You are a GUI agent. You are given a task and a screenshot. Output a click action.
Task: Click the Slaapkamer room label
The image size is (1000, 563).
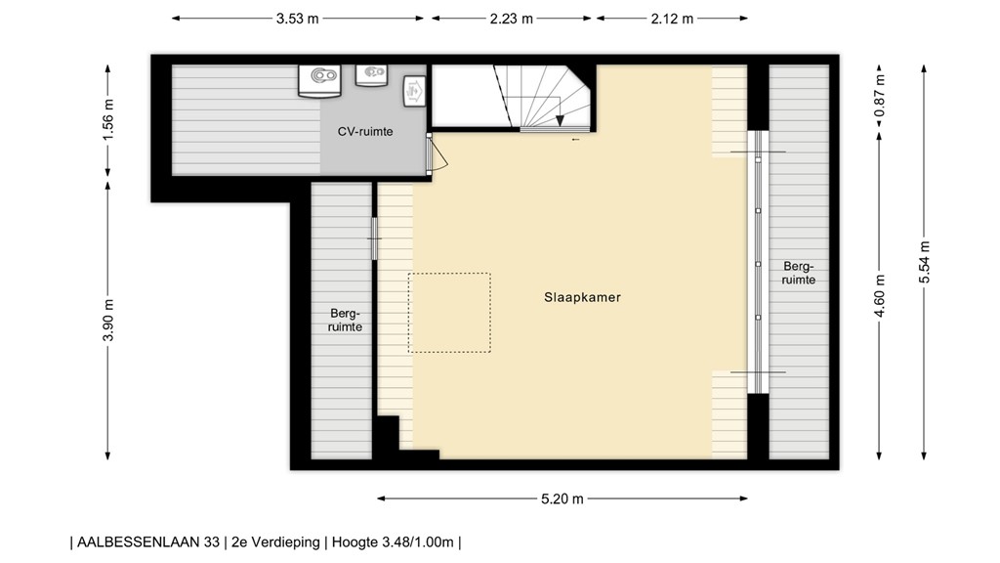point(583,297)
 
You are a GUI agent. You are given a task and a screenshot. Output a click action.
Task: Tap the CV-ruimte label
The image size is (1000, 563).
point(365,131)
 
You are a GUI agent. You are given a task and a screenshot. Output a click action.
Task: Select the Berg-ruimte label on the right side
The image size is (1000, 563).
point(798,273)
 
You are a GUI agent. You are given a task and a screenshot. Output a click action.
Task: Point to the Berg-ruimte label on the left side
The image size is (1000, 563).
point(347,321)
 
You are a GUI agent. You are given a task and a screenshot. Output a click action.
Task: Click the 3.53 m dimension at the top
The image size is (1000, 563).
point(298,18)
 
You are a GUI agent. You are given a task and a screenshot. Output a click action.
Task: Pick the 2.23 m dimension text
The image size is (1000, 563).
point(512,18)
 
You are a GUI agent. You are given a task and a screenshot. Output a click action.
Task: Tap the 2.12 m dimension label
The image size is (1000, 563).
point(672,18)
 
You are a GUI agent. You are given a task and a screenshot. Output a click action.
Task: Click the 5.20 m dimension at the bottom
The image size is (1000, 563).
point(562,498)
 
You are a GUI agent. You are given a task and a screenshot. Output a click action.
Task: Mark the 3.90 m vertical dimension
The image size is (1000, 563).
point(109,320)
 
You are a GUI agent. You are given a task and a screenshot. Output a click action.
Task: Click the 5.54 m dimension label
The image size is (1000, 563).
point(925,262)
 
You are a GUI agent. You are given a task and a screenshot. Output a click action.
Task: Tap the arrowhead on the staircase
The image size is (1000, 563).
point(561,121)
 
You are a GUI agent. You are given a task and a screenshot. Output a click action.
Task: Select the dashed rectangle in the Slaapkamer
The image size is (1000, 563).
point(449,313)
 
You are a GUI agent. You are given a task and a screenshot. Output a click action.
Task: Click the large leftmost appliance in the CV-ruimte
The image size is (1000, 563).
point(319,80)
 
